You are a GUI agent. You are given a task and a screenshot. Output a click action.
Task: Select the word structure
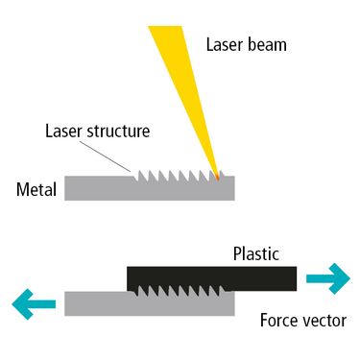118,132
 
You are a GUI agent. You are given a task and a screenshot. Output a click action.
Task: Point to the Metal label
36,189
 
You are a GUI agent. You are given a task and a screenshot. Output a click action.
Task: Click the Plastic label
256,253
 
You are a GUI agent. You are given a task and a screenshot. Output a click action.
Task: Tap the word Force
277,321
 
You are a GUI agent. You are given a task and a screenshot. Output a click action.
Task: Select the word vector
323,321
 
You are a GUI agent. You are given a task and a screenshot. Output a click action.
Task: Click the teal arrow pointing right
328,278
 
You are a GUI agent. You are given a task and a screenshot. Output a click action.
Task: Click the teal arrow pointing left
34,304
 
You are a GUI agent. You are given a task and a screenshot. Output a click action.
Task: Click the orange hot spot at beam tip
217,177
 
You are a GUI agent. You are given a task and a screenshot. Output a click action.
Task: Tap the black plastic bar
212,277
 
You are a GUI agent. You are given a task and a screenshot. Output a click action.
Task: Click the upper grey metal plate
150,189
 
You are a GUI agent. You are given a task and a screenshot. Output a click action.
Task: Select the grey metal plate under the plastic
150,304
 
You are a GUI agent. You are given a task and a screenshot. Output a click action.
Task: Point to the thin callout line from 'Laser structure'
105,156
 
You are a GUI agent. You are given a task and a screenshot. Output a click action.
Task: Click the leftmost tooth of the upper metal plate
139,175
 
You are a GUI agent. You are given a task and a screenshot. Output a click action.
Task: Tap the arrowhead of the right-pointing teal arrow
339,278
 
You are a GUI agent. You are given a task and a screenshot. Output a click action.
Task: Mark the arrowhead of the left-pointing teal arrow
23,304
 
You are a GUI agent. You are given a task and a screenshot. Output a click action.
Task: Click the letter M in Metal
22,189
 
